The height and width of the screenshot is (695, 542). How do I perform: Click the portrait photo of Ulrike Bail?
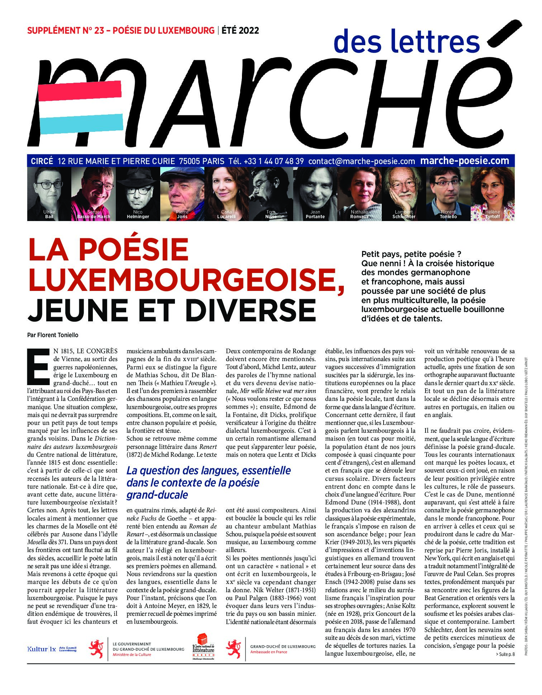point(49,193)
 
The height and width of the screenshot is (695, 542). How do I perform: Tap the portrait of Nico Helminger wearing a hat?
point(138,193)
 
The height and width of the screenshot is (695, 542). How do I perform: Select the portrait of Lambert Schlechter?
point(404,193)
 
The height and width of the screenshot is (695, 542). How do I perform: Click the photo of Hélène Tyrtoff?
point(493,193)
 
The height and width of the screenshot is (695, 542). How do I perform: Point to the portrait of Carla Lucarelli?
point(226,193)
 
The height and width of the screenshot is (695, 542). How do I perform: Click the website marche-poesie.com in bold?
point(465,161)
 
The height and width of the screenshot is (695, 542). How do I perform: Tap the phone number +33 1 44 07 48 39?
point(273,161)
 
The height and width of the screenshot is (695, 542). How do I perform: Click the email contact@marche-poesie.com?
point(361,161)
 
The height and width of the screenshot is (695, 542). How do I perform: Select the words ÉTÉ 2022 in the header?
point(240,30)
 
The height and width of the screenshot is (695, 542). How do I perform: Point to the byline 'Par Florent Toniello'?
point(53,335)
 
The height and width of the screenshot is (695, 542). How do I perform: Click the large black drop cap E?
point(38,365)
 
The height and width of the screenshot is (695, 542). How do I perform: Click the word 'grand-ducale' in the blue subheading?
point(157,495)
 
